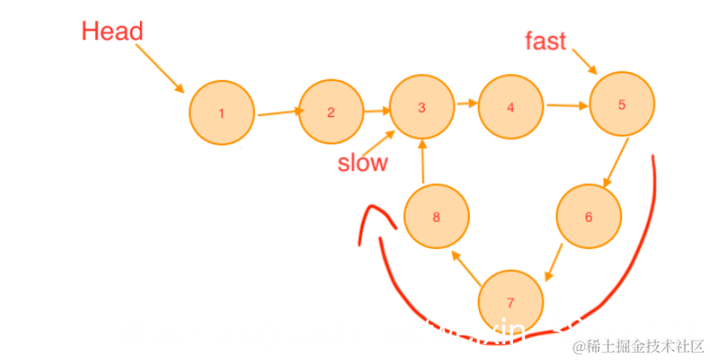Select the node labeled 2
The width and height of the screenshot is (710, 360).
pyautogui.click(x=331, y=112)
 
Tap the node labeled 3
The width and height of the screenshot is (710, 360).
pyautogui.click(x=421, y=107)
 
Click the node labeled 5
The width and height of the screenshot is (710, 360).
pyautogui.click(x=621, y=104)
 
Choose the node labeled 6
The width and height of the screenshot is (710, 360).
pyautogui.click(x=589, y=217)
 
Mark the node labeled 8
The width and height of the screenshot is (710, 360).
pyautogui.click(x=436, y=217)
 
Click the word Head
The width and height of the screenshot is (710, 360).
pyautogui.click(x=112, y=32)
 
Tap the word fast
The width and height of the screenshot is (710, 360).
pyautogui.click(x=545, y=40)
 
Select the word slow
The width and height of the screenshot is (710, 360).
pyautogui.click(x=362, y=163)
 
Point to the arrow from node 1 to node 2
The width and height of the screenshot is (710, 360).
pyautogui.click(x=280, y=112)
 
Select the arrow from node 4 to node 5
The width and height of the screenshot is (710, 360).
pyautogui.click(x=567, y=107)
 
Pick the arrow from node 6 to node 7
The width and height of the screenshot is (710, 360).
pyautogui.click(x=554, y=261)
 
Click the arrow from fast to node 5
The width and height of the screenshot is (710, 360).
pyautogui.click(x=582, y=61)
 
